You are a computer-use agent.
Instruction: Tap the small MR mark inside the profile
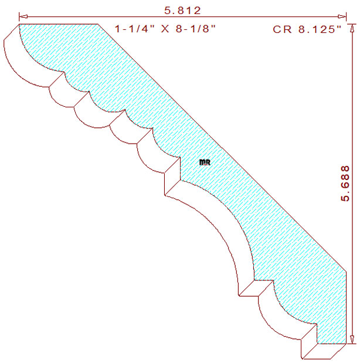[x=205, y=162]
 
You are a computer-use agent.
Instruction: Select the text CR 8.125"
[x=307, y=30]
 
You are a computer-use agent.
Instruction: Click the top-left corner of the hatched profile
[x=19, y=25]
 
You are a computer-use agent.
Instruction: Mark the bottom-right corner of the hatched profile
[x=344, y=343]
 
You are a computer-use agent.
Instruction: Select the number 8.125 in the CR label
[x=315, y=30]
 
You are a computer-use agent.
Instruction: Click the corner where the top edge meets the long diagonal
[x=97, y=25]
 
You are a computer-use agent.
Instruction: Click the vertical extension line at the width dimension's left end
[x=19, y=19]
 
